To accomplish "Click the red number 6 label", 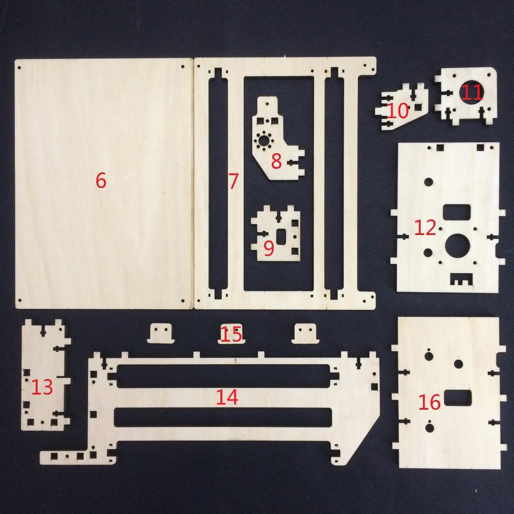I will (101, 181).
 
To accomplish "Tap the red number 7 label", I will (233, 181).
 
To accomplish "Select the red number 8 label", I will (277, 161).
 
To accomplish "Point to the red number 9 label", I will (269, 247).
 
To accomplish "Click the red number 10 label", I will (398, 111).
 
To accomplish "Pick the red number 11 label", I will (472, 92).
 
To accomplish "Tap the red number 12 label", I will (425, 228).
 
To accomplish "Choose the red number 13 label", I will (42, 387).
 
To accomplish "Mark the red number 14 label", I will (227, 397).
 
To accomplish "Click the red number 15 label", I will (232, 334).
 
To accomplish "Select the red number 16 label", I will (430, 403).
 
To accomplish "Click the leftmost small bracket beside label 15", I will (161, 333).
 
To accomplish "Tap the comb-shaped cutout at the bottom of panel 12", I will (460, 279).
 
